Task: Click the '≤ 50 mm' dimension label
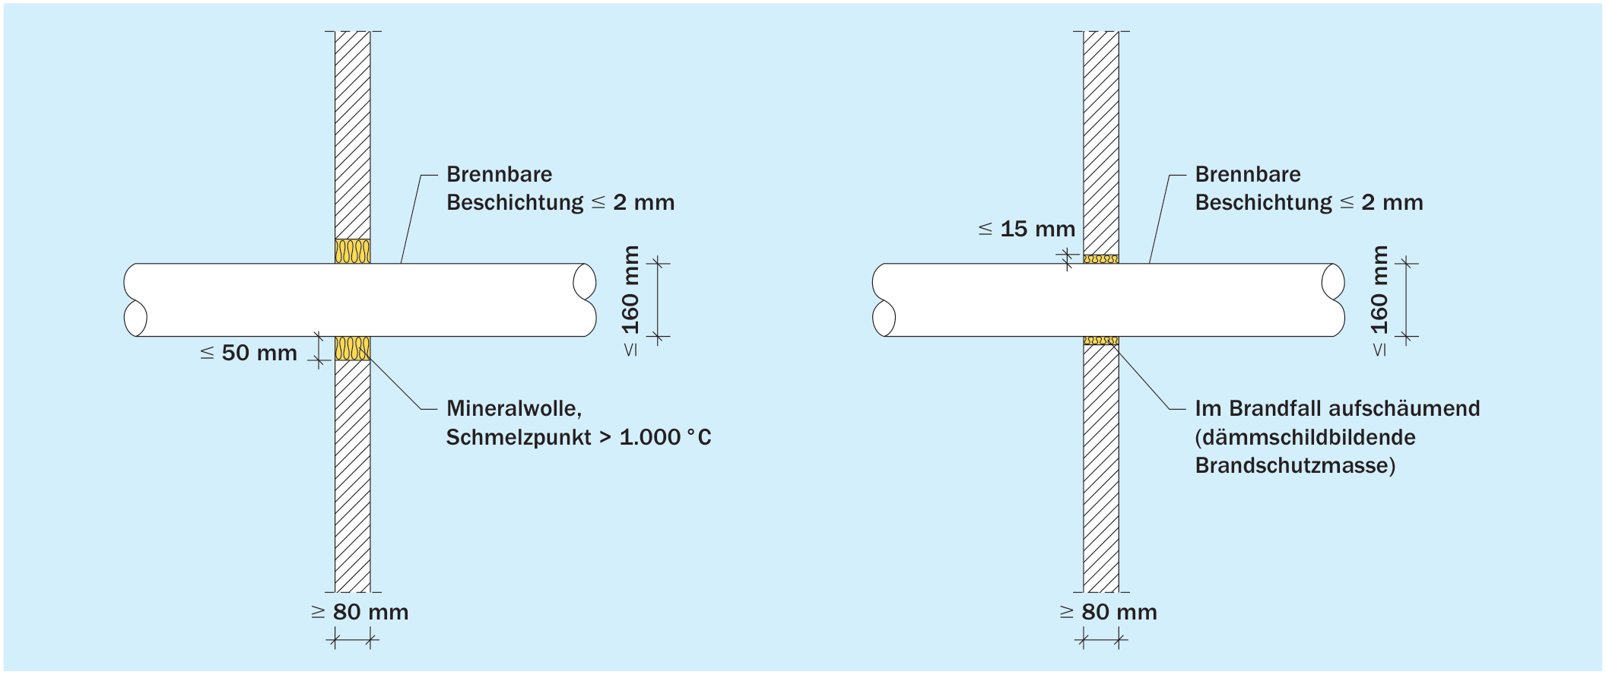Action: pos(249,353)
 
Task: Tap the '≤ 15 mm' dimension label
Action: pos(1027,229)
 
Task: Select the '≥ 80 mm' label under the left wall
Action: pos(360,612)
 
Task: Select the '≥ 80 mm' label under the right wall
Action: pos(1109,612)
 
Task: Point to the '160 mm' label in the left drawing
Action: pos(631,290)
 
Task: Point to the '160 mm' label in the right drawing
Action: pos(1379,290)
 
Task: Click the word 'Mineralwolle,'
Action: pos(514,409)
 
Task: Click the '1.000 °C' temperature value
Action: pos(665,437)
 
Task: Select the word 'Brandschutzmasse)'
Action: pos(1296,465)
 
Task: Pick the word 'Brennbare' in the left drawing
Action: pos(500,174)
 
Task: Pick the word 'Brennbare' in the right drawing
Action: pos(1248,174)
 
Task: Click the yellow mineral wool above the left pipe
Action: pos(353,252)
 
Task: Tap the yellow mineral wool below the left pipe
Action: pos(353,348)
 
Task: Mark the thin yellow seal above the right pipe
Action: pos(1101,259)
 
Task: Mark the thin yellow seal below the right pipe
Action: pos(1101,341)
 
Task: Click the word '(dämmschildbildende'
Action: pos(1306,437)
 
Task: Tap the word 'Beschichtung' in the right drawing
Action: pos(1264,203)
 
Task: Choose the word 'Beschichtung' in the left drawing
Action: pos(515,203)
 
